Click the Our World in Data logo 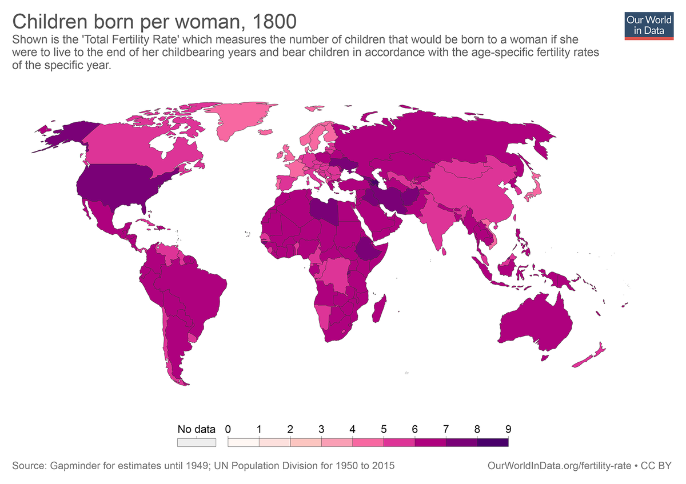[x=649, y=24]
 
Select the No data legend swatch [x=196, y=442]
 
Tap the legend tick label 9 [x=508, y=429]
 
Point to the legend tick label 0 [x=228, y=429]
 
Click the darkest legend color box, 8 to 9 [x=492, y=442]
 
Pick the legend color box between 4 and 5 [x=368, y=442]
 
